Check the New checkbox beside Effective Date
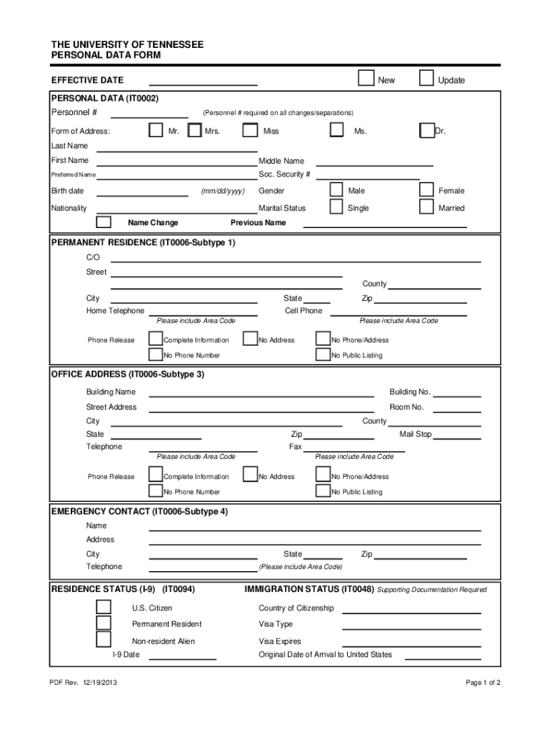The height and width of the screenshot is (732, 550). coord(365,77)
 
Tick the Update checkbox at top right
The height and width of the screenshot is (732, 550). coord(426,77)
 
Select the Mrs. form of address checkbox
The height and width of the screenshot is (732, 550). coord(194,130)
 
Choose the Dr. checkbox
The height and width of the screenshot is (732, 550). coord(426,130)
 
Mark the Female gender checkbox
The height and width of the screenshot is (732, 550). coord(426,189)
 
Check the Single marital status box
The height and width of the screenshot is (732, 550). coord(336,207)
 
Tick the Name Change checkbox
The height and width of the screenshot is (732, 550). coord(104,222)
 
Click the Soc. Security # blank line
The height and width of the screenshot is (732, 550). coord(367,175)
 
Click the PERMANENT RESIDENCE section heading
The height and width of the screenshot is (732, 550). coord(143,242)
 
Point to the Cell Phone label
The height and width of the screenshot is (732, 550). coord(304,311)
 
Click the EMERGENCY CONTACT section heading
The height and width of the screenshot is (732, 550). coord(140,512)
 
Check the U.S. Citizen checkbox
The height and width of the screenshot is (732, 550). coord(104,607)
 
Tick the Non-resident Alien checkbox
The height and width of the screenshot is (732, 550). coord(104,640)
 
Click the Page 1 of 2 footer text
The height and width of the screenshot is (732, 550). coord(483,683)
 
